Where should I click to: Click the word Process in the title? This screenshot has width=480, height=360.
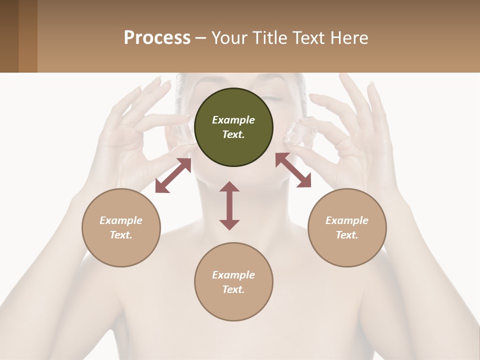[x=157, y=37]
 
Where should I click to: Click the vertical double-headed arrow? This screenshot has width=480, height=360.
[x=229, y=205]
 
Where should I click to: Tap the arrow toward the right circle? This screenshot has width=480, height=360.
[x=293, y=170]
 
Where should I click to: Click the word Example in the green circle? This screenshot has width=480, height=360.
[x=233, y=120]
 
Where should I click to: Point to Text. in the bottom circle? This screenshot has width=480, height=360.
[x=233, y=289]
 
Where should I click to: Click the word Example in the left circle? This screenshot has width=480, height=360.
[x=121, y=220]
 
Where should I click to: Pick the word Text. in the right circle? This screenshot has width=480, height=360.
[x=347, y=235]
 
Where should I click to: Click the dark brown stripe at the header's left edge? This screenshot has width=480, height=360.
[x=9, y=36]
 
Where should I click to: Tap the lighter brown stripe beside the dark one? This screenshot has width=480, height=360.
[x=28, y=36]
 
